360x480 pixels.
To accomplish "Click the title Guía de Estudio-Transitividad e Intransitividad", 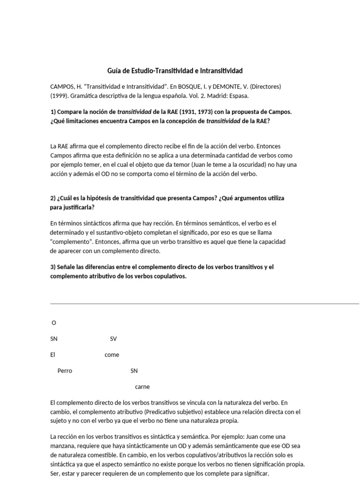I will tap(175, 71).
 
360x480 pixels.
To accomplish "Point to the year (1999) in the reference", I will tap(59, 96).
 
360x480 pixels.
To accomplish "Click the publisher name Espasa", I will tap(238, 96).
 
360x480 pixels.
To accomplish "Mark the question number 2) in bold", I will tap(53, 198).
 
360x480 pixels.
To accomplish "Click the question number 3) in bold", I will tap(53, 267).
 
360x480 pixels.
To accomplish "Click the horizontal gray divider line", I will tap(204, 304).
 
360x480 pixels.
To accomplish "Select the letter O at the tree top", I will tap(54, 323).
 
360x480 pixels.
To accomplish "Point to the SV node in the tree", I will tap(113, 339).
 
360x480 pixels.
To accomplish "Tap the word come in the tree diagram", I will tap(112, 355).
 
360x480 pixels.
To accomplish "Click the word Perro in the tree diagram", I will tap(65, 371).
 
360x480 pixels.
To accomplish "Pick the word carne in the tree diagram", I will tap(142, 387).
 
